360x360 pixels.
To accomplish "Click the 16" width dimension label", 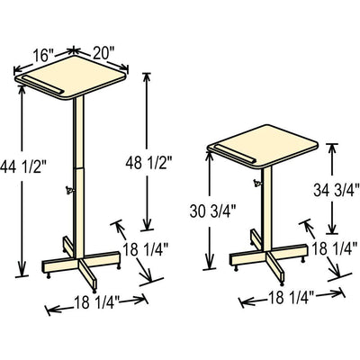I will pyautogui.click(x=42, y=53).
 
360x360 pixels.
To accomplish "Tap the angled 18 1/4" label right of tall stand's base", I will pyautogui.click(x=145, y=255).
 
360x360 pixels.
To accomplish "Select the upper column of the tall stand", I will pyautogui.click(x=78, y=130).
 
